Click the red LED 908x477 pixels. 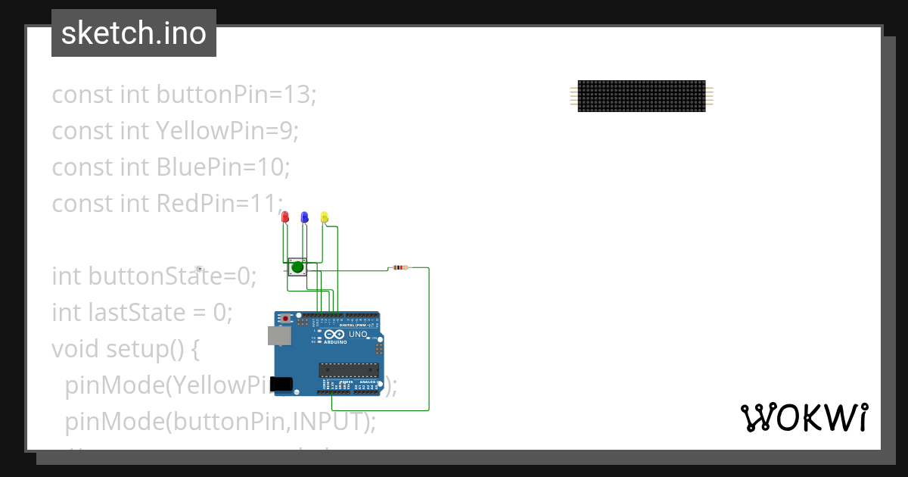pos(285,217)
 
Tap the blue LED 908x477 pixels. pos(304,217)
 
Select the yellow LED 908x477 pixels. pos(324,217)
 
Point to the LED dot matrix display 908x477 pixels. pos(642,96)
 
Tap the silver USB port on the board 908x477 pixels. pos(278,335)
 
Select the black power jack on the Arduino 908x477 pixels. pos(281,384)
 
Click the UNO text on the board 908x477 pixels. pos(358,334)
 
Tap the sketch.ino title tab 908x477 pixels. pos(134,33)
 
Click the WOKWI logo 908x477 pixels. pos(804,417)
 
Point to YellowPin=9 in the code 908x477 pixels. pos(228,131)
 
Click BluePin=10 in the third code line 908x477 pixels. pos(223,167)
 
